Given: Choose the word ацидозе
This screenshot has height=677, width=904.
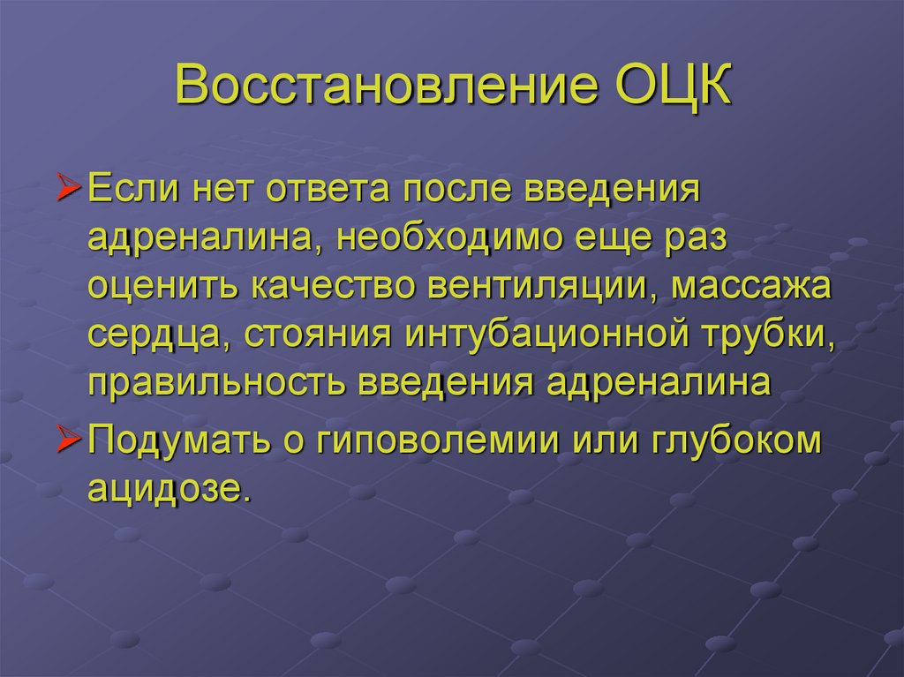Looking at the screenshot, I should (x=163, y=487).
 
